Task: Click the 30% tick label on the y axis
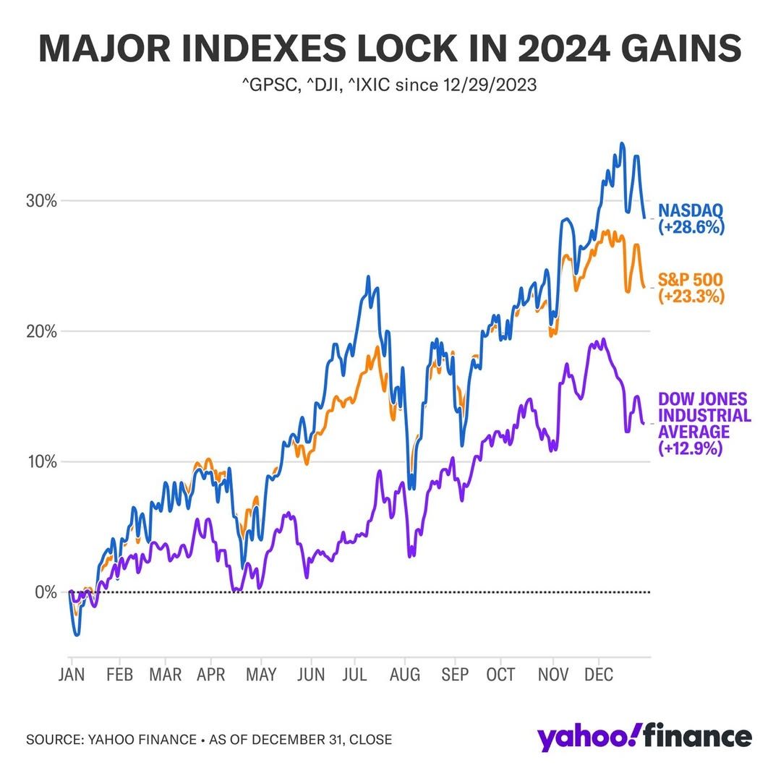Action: click(42, 201)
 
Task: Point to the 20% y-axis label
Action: click(42, 332)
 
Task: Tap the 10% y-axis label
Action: click(42, 462)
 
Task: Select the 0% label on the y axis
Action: click(46, 592)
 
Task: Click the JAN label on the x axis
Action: click(72, 675)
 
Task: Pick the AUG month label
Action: click(405, 675)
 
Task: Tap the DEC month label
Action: click(598, 675)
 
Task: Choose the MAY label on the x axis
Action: click(261, 675)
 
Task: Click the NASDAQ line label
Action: click(690, 211)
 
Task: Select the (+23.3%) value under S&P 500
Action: click(691, 296)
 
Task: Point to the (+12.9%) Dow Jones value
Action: click(691, 448)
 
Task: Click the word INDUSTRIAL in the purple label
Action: click(704, 416)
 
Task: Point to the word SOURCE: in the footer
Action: click(54, 740)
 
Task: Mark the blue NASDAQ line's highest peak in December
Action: click(622, 144)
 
